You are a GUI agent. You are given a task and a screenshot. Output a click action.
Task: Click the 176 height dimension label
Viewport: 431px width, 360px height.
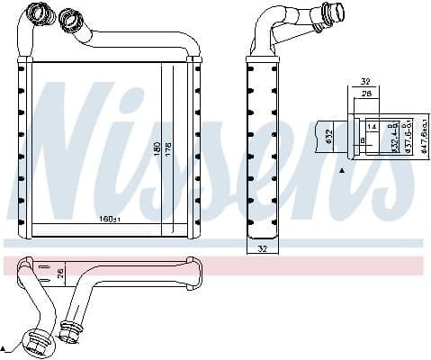coord(167,148)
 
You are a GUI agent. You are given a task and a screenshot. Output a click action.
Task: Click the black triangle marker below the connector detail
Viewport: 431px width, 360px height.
coord(341,170)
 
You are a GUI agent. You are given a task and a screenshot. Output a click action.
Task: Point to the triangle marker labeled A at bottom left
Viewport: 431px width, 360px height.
coord(4,346)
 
